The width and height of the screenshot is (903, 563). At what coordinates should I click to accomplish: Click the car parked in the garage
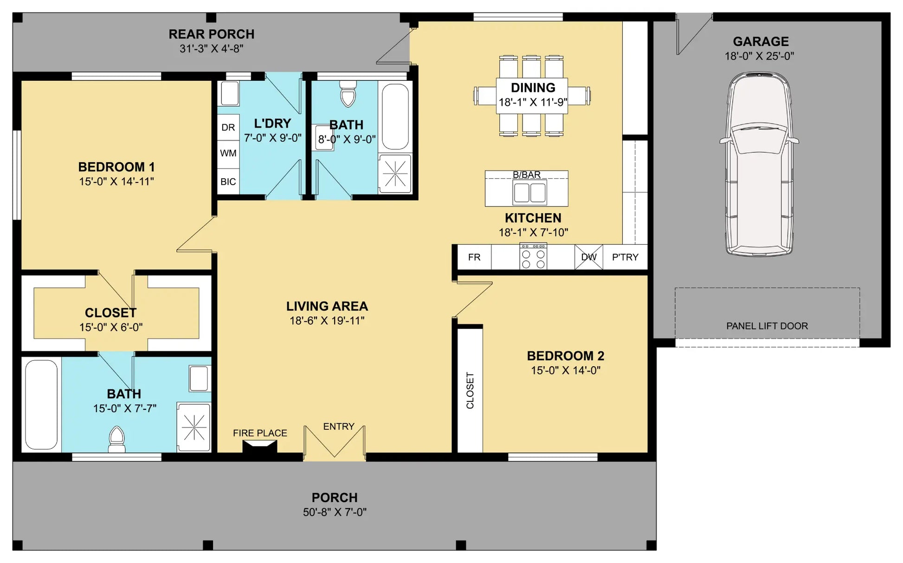759,164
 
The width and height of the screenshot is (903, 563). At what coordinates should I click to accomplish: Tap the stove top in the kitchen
533,256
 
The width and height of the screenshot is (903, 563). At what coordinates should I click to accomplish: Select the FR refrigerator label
474,257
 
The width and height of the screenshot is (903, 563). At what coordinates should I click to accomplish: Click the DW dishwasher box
589,257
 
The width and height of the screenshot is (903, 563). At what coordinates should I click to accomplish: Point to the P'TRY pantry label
625,257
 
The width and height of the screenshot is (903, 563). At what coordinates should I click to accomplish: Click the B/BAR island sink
529,193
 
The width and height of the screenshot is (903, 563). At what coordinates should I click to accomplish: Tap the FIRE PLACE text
260,433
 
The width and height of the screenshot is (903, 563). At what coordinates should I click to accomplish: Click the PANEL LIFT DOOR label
767,326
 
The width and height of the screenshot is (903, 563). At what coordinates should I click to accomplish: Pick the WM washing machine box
228,153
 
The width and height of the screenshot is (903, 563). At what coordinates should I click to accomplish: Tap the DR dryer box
228,127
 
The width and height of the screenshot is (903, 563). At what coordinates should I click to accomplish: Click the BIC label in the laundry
228,181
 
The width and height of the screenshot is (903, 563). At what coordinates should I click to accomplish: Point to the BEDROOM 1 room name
116,167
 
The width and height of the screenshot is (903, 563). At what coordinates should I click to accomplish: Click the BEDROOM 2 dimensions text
566,370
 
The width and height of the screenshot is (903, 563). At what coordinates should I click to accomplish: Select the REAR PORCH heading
212,34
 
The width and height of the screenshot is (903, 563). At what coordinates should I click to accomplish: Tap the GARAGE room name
761,42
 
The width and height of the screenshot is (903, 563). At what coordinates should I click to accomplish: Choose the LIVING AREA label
327,306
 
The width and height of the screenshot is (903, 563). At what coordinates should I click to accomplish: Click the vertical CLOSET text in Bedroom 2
470,390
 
